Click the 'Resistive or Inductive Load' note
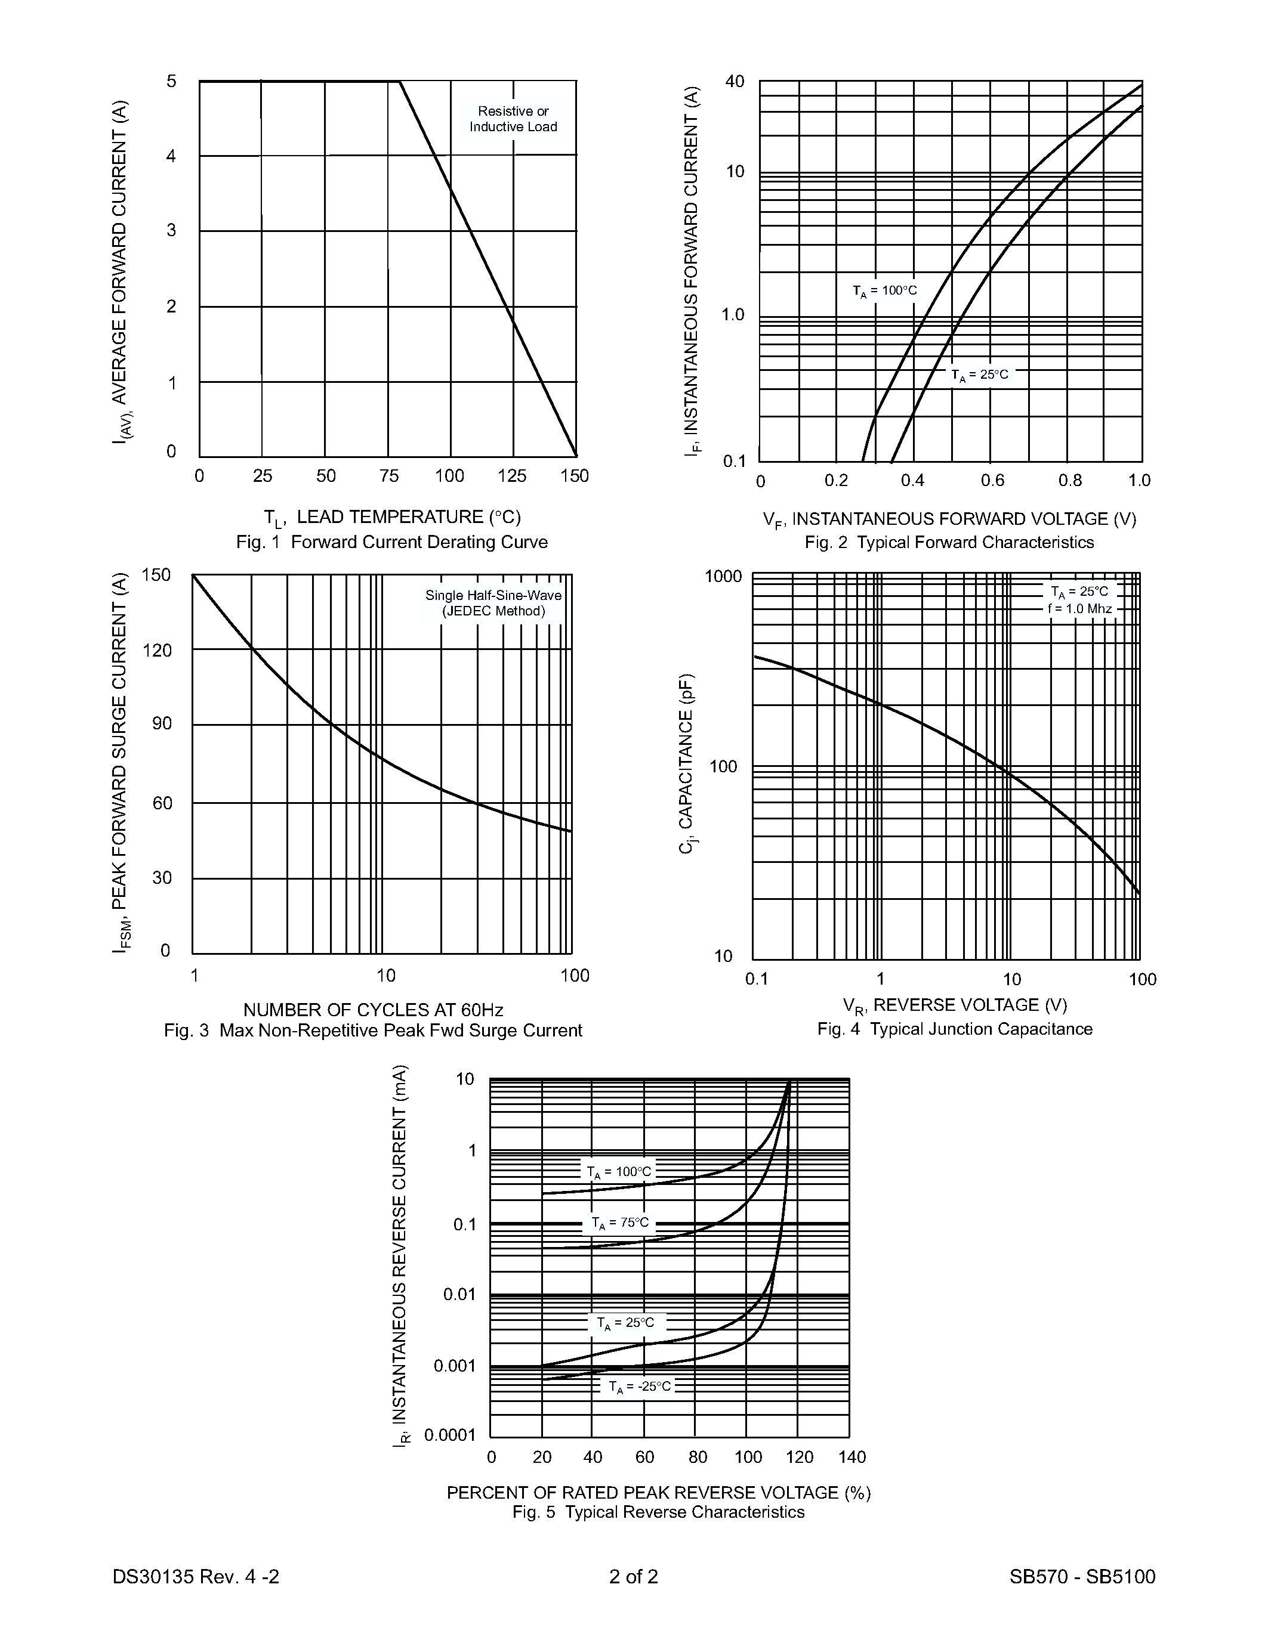pyautogui.click(x=513, y=119)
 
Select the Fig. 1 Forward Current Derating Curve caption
pyautogui.click(x=391, y=542)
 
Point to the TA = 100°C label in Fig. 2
pyautogui.click(x=884, y=290)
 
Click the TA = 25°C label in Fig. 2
pyautogui.click(x=980, y=375)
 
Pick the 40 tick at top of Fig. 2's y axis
pyautogui.click(x=735, y=81)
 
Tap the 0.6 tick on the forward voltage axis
pyautogui.click(x=992, y=481)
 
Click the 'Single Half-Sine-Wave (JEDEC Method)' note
pyautogui.click(x=493, y=603)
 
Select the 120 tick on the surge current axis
pyautogui.click(x=157, y=650)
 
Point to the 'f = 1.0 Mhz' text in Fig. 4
pyautogui.click(x=1079, y=609)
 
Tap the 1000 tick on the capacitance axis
pyautogui.click(x=723, y=577)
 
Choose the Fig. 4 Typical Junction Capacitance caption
pyautogui.click(x=954, y=1029)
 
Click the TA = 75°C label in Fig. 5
pyautogui.click(x=620, y=1223)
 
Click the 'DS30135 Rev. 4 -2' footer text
pyautogui.click(x=196, y=1576)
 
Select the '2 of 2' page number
pyautogui.click(x=633, y=1576)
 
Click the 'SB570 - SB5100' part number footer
pyautogui.click(x=1082, y=1576)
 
